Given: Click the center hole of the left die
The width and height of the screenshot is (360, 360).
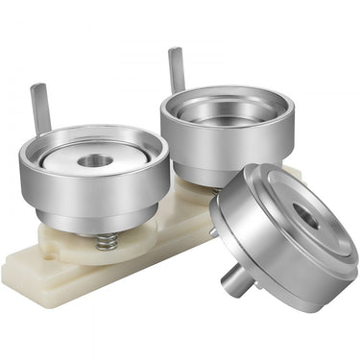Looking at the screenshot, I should [x=94, y=160].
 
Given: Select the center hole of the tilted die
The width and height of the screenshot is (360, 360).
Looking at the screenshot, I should [x=306, y=216].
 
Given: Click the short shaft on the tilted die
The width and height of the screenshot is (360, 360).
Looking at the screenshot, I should [x=236, y=280].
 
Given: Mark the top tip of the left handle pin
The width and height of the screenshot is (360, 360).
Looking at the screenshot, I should [x=38, y=87].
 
